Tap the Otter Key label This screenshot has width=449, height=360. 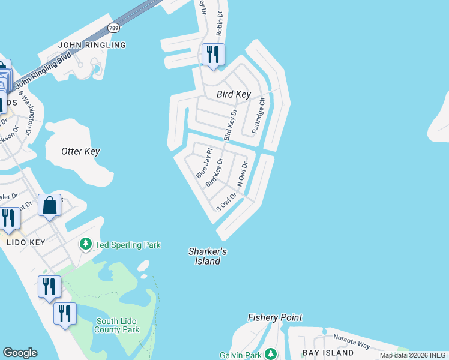80,151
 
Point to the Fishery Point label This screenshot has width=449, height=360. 275,317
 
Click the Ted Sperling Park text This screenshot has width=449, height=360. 127,245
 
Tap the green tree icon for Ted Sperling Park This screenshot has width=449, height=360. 86,244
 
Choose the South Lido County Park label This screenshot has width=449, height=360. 118,325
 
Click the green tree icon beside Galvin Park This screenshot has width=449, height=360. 271,354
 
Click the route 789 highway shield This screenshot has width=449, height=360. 113,28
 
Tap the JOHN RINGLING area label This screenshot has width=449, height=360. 92,45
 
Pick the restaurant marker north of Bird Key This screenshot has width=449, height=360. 212,55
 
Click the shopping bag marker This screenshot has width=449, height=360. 50,205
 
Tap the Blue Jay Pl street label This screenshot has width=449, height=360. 204,163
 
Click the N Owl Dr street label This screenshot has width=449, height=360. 242,174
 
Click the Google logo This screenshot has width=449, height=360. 20,353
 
